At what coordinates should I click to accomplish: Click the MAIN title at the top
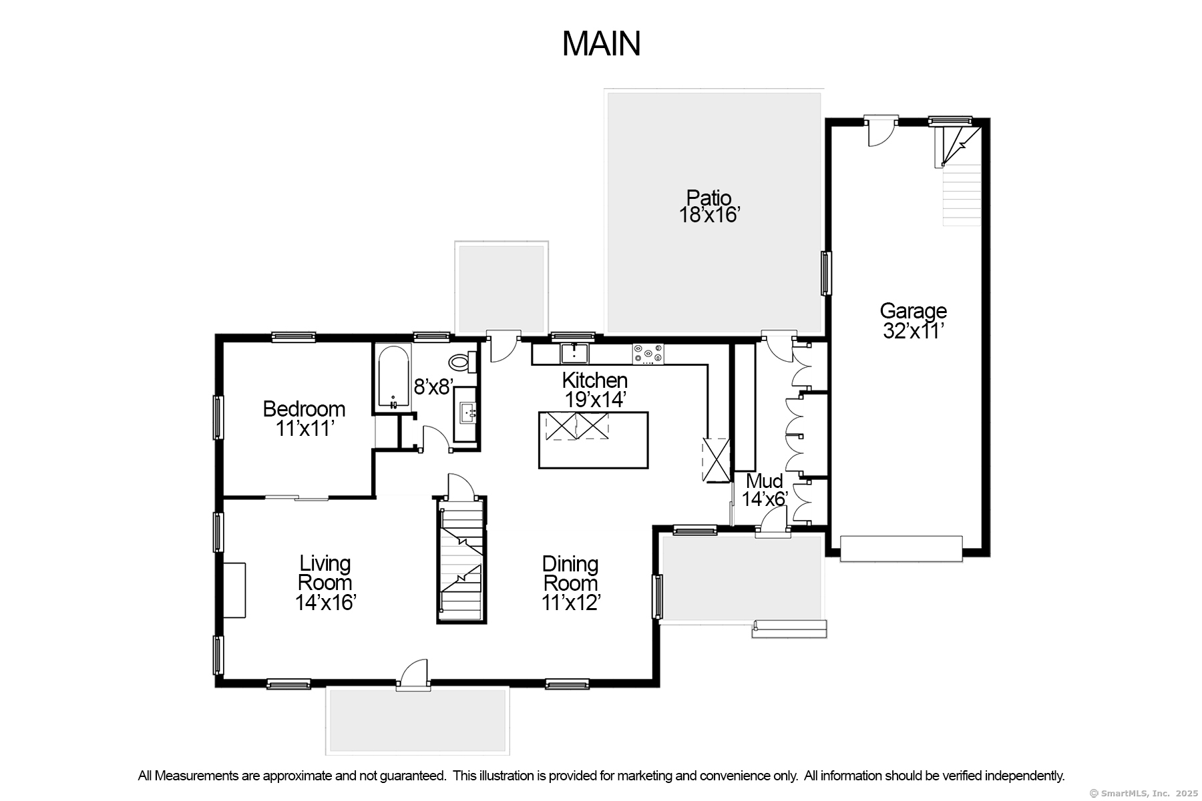(601, 44)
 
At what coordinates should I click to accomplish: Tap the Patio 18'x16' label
(709, 206)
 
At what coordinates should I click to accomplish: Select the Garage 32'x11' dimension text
(912, 330)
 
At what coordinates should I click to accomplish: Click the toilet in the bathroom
(460, 362)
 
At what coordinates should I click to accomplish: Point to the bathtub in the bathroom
(393, 376)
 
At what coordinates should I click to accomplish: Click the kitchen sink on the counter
(574, 352)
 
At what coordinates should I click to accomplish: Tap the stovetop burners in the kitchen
(648, 353)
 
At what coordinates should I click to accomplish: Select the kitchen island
(593, 440)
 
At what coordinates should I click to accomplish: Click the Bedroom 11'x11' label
(304, 419)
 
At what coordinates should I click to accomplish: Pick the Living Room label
(325, 573)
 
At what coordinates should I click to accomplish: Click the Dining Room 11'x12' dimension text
(571, 603)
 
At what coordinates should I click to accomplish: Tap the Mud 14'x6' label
(765, 490)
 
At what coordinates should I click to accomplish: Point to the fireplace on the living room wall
(234, 590)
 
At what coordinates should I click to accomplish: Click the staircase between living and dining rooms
(461, 561)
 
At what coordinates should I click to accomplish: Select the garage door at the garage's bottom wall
(901, 549)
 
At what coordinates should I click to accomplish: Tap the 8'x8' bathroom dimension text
(433, 386)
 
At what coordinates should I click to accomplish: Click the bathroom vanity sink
(465, 413)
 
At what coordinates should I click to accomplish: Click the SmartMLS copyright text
(1143, 793)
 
